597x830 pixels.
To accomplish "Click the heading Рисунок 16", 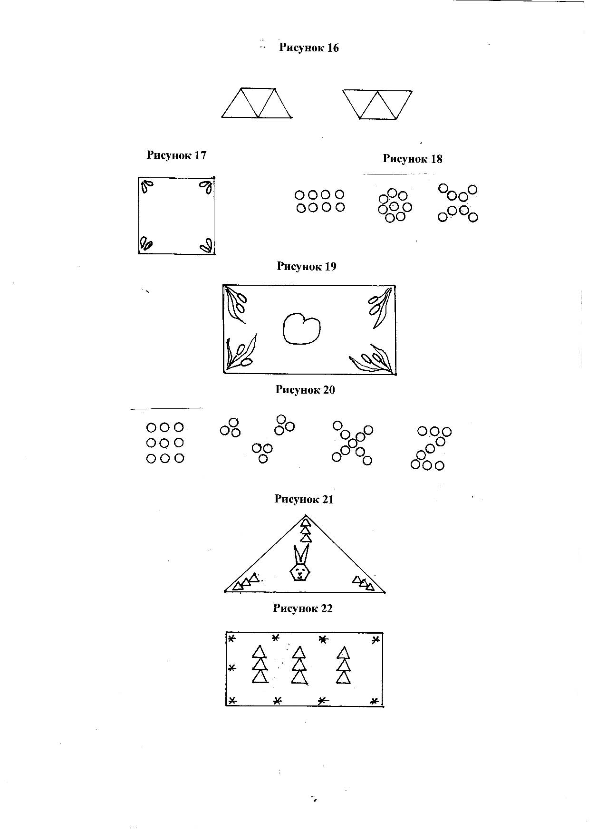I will tap(308, 48).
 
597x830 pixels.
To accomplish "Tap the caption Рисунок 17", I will tap(176, 155).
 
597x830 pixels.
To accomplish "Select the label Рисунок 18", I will tap(412, 159).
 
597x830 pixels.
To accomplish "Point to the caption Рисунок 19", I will tap(307, 267).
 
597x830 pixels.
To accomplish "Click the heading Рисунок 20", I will tap(305, 390).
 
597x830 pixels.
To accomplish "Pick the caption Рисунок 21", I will tap(304, 499).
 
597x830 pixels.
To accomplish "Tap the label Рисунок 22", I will tap(302, 608).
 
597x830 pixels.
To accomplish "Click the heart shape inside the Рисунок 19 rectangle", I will tap(301, 328).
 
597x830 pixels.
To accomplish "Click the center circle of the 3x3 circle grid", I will tap(164, 443).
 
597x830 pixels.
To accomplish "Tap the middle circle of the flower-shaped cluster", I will tap(394, 207).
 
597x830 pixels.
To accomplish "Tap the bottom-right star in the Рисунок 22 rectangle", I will tap(374, 701).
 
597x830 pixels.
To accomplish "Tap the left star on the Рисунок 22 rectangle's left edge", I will tap(231, 668).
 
